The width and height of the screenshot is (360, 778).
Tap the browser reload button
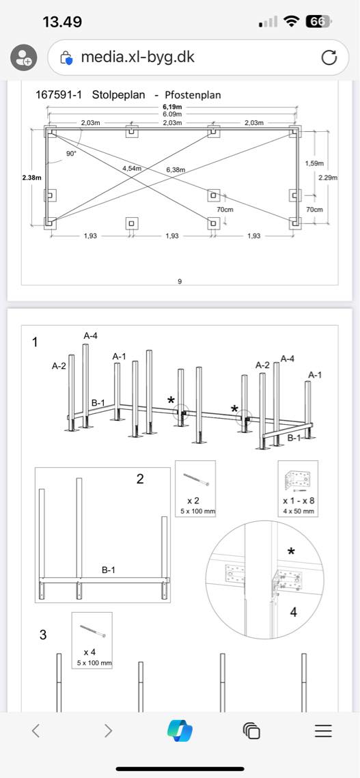(329, 58)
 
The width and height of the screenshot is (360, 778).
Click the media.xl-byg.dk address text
(137, 57)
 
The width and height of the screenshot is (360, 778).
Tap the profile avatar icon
(23, 57)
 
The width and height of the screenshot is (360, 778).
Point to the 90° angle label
(72, 154)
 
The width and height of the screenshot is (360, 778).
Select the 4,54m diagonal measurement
(133, 169)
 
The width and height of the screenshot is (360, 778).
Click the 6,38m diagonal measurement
(176, 170)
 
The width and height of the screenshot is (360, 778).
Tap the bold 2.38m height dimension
(32, 178)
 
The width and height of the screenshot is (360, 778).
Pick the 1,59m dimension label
(314, 163)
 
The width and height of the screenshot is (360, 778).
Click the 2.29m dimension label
(328, 178)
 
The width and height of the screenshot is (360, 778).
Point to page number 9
(179, 281)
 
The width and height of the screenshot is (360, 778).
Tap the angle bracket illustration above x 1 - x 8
(297, 480)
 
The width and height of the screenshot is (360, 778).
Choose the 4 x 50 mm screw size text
(298, 511)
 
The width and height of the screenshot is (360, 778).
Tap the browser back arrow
(36, 730)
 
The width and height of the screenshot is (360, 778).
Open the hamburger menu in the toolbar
(323, 730)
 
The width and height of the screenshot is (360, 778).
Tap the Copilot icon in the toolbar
(180, 730)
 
